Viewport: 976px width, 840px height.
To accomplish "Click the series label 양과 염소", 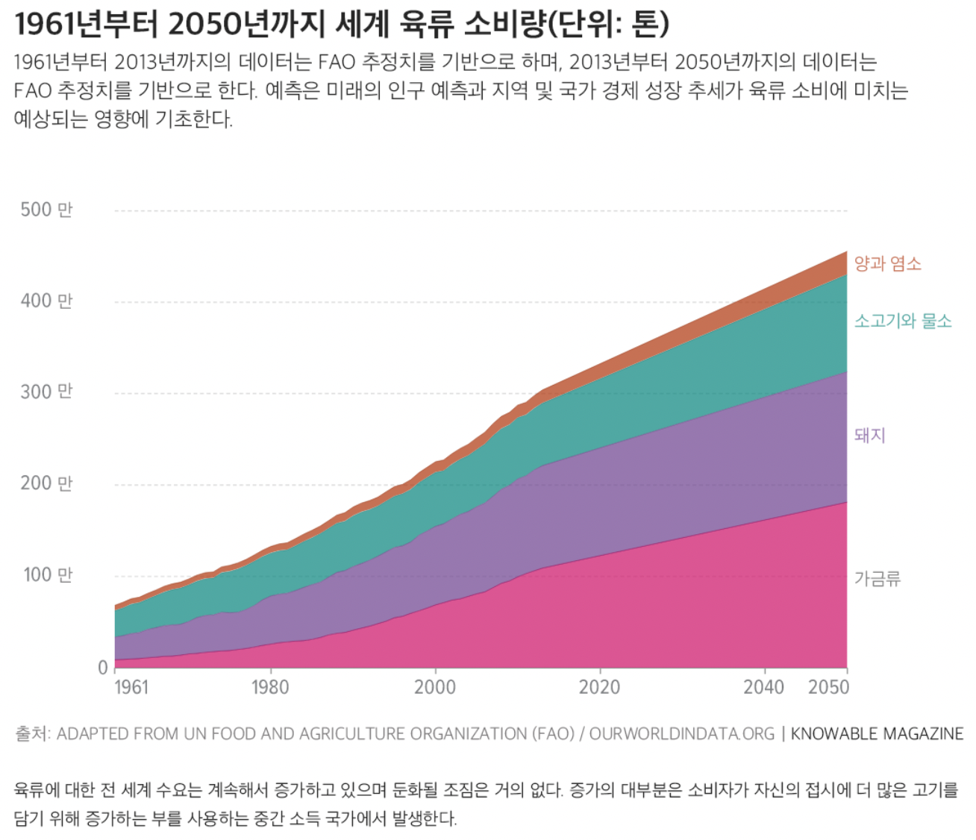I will pos(887,263).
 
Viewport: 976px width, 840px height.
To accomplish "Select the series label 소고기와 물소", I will pos(903,321).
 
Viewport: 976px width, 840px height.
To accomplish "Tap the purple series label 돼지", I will pos(869,435).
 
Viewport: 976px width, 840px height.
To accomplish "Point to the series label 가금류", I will pos(878,578).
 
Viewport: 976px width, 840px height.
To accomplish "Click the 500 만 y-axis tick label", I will pos(46,210).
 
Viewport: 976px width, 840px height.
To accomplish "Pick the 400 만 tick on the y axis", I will pos(46,301).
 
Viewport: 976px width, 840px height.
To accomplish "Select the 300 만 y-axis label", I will pos(46,392).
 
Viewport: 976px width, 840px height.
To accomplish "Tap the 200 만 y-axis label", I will pos(46,483).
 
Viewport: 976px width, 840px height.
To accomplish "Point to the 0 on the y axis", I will pos(103,668).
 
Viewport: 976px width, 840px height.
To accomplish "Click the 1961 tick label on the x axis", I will pos(131,687).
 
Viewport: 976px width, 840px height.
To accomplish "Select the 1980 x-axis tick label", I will pos(269,687).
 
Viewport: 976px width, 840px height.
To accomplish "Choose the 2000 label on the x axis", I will pos(434,687).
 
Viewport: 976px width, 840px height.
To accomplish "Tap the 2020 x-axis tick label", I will pos(599,687).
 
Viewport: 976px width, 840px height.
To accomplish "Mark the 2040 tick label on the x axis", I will pos(763,687).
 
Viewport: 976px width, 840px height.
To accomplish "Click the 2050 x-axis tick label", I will pos(828,687).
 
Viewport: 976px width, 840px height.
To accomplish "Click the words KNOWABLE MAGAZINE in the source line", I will pos(877,734).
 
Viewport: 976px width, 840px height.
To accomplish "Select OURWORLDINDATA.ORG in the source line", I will pos(681,734).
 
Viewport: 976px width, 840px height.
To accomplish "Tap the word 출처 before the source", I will pos(31,734).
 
